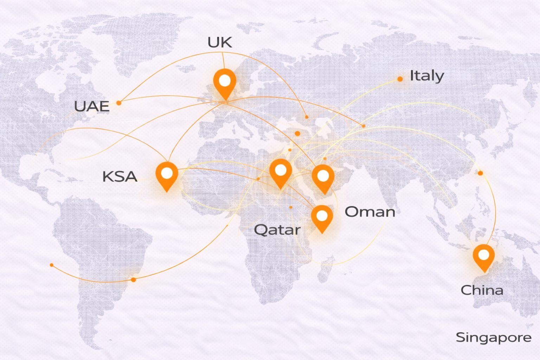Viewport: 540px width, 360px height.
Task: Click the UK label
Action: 220,43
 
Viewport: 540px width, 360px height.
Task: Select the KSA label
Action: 120,176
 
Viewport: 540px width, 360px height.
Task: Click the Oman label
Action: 370,212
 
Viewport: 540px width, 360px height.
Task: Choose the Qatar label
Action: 277,230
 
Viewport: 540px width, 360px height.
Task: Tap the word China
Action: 482,290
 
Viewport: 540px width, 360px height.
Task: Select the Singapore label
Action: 493,337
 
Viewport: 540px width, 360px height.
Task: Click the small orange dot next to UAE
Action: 119,103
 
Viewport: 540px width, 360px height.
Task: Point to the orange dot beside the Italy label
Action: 400,79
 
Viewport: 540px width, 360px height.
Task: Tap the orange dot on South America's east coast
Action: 133,280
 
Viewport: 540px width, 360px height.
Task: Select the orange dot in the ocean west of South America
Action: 52,265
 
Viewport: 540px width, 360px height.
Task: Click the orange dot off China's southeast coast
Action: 480,173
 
